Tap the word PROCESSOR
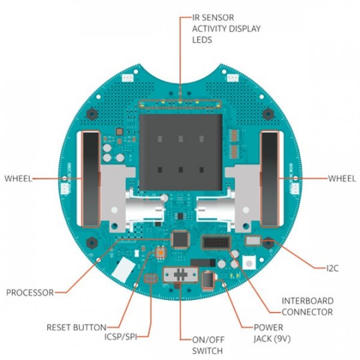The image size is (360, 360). (30, 292)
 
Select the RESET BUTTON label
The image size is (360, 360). (76, 327)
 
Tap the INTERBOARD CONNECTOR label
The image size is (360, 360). (307, 306)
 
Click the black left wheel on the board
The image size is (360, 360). (89, 179)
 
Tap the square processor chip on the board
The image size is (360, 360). (181, 239)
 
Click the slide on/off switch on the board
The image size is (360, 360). (182, 275)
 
